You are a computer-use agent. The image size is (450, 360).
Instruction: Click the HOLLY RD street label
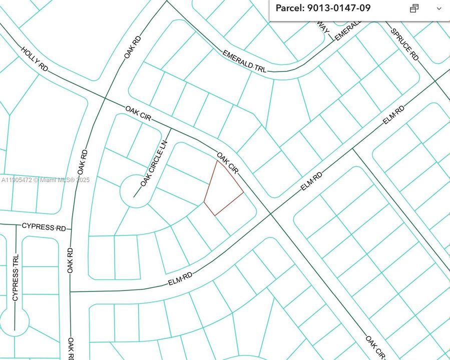point(35,59)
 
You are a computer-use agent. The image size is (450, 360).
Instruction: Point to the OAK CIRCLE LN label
point(153,164)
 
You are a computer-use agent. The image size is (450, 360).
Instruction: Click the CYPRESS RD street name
point(44,227)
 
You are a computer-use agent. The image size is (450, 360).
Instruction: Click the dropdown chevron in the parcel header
point(439,8)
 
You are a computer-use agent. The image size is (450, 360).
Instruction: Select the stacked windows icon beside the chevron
point(414,8)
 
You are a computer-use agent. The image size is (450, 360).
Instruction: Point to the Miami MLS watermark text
point(46,180)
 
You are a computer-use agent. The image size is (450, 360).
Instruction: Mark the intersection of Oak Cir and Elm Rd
point(271,213)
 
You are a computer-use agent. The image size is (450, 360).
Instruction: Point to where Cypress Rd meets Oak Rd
point(71,228)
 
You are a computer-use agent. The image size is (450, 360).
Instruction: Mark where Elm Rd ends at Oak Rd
point(71,291)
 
